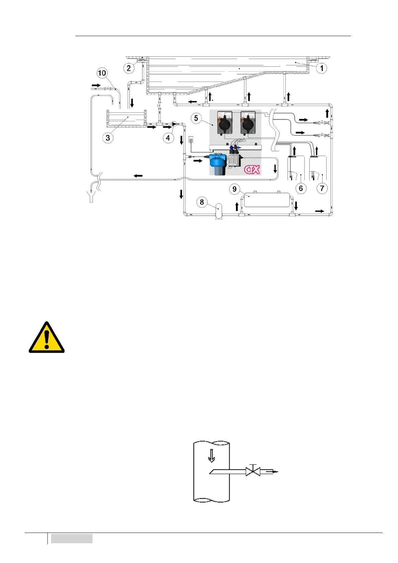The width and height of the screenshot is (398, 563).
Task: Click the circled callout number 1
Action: tap(321, 68)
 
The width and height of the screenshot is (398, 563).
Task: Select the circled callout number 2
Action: tap(129, 68)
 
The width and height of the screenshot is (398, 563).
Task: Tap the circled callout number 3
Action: tap(108, 138)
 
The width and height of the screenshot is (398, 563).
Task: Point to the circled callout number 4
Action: tap(168, 138)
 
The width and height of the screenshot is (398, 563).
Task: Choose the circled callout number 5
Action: tap(196, 118)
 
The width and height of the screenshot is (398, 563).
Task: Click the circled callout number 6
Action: tap(301, 188)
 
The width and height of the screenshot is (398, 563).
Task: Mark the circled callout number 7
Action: tap(322, 188)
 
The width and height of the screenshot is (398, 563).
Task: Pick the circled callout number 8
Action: tap(202, 202)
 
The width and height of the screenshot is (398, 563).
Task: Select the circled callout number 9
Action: tap(234, 189)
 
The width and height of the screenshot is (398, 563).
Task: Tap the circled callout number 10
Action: tap(102, 73)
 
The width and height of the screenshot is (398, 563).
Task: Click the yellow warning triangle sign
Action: tap(46, 338)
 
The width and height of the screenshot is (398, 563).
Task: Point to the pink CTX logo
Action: tap(252, 170)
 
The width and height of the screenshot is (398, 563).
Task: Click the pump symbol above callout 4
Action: tap(174, 124)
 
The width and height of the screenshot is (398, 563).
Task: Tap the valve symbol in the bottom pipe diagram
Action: tap(253, 471)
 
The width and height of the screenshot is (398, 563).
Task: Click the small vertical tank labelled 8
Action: tap(218, 211)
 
